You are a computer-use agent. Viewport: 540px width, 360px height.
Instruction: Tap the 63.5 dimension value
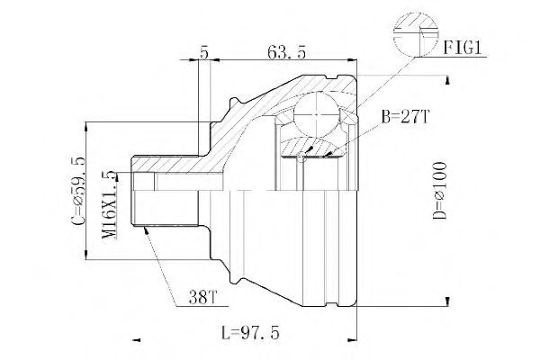tap(287, 54)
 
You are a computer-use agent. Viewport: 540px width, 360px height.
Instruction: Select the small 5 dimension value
tap(204, 54)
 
